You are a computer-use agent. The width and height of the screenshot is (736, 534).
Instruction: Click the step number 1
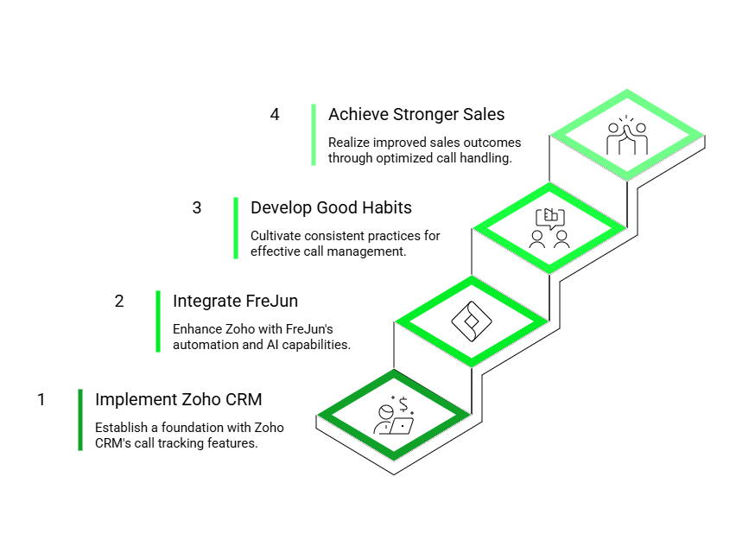point(41,400)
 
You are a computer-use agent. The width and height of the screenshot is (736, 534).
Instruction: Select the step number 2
point(119,301)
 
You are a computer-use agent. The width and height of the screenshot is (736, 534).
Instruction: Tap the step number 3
point(197,207)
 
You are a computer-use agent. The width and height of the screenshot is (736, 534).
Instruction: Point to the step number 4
point(275,114)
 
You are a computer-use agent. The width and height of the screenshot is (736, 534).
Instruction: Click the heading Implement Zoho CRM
point(178,400)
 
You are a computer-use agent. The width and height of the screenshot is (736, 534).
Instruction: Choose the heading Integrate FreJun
point(235,301)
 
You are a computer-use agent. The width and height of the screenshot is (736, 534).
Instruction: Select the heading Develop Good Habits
point(331,207)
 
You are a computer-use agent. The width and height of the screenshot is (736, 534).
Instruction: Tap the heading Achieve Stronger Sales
point(416,114)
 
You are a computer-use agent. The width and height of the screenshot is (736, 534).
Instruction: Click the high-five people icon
point(627,136)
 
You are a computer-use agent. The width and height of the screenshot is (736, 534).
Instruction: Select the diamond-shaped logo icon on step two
point(472,321)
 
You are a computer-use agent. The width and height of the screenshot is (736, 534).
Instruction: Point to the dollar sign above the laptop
point(403,404)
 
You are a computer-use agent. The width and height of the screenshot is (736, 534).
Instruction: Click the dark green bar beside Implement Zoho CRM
point(80,420)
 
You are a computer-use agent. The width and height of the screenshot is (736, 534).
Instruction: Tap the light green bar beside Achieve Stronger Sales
point(314,135)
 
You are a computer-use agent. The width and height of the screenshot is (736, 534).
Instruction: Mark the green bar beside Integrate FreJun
point(158,321)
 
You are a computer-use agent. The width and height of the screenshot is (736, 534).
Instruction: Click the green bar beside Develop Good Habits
point(236,228)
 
